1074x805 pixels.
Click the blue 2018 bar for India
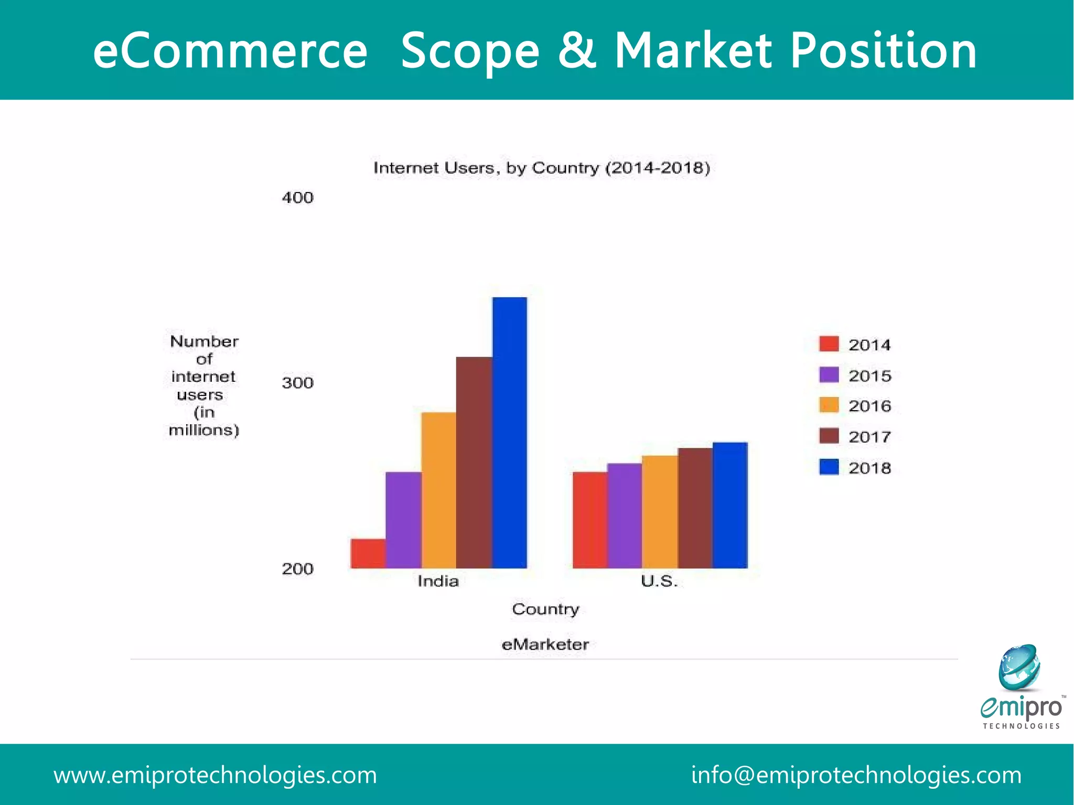510,433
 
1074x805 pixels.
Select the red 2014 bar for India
368,553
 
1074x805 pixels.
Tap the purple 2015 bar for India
403,520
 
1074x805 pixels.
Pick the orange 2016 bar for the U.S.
660,511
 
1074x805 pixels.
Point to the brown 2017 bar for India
474,462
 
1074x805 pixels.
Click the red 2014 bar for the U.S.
590,520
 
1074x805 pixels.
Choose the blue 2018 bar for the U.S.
730,505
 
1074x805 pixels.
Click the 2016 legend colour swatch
829,405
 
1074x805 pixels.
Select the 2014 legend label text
869,345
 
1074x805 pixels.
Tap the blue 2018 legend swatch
829,467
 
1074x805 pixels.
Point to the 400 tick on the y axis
297,198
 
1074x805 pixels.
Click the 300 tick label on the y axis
297,383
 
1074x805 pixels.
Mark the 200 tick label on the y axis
297,568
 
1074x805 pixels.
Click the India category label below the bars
438,581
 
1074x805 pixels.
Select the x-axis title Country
545,609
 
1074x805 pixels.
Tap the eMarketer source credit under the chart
545,644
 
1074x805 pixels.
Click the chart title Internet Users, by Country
542,168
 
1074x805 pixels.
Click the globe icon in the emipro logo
1019,667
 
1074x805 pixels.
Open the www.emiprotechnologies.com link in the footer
215,775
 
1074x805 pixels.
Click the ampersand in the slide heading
577,51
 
